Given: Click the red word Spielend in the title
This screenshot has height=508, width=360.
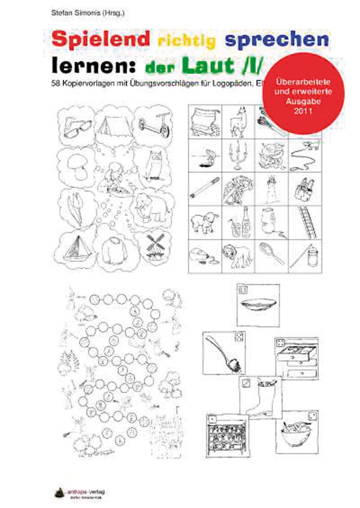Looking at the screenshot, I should point(100,40).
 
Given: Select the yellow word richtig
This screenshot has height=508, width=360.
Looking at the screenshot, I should point(187,41).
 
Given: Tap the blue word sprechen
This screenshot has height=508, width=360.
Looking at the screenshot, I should point(276,40).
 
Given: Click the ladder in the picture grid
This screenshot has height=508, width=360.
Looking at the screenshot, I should point(306,223).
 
